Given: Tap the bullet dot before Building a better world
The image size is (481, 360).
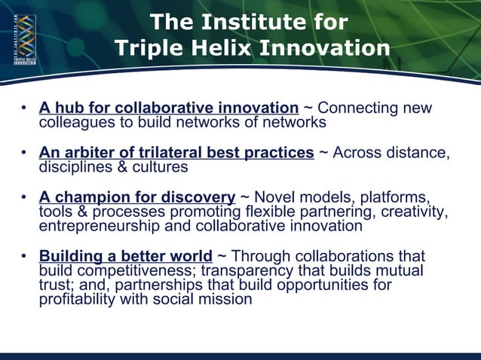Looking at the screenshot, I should pos(26,257).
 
